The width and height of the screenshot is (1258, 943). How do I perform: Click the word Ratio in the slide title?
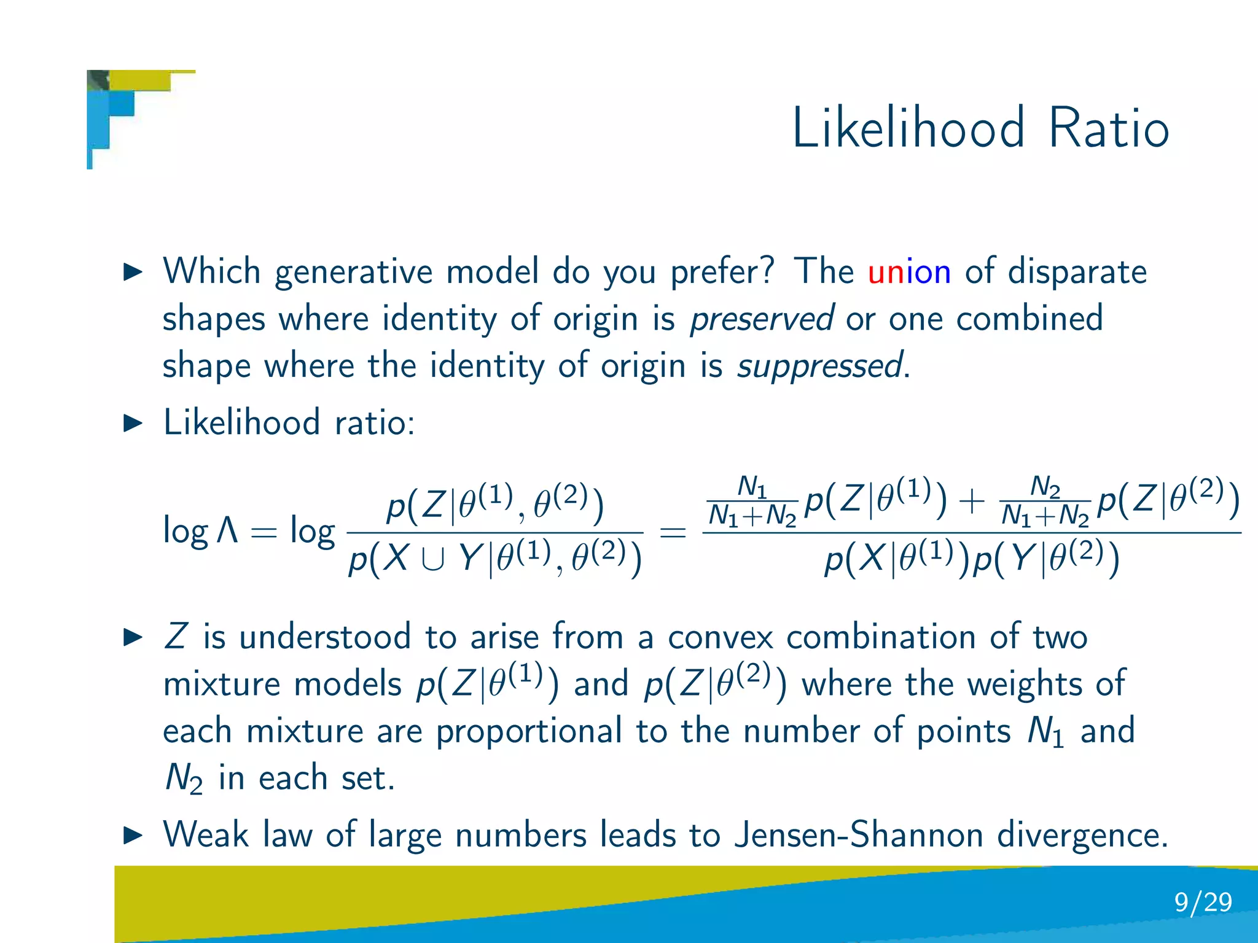1108,128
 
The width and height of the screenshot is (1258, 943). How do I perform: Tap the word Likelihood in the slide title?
908,128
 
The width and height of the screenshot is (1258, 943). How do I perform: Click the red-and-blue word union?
909,271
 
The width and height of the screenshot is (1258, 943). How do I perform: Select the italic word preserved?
762,319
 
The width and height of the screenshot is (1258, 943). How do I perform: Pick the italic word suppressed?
821,367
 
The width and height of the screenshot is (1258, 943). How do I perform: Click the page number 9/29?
1203,902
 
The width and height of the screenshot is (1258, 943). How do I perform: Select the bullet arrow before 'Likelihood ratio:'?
133,423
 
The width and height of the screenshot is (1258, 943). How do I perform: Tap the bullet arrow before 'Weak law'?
133,835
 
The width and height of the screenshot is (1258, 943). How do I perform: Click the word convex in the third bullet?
720,637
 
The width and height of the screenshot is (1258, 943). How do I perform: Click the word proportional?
529,732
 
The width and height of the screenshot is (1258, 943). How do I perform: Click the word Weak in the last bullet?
206,835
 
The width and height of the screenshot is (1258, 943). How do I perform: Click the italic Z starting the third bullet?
176,637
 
